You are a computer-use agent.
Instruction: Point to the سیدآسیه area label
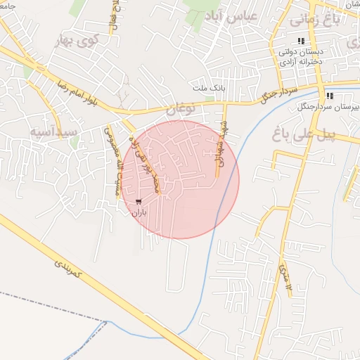[51, 131]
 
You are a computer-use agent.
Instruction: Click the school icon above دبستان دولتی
[302, 41]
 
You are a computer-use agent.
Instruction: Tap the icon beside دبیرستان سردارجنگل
[329, 96]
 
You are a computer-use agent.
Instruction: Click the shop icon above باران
[138, 202]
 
